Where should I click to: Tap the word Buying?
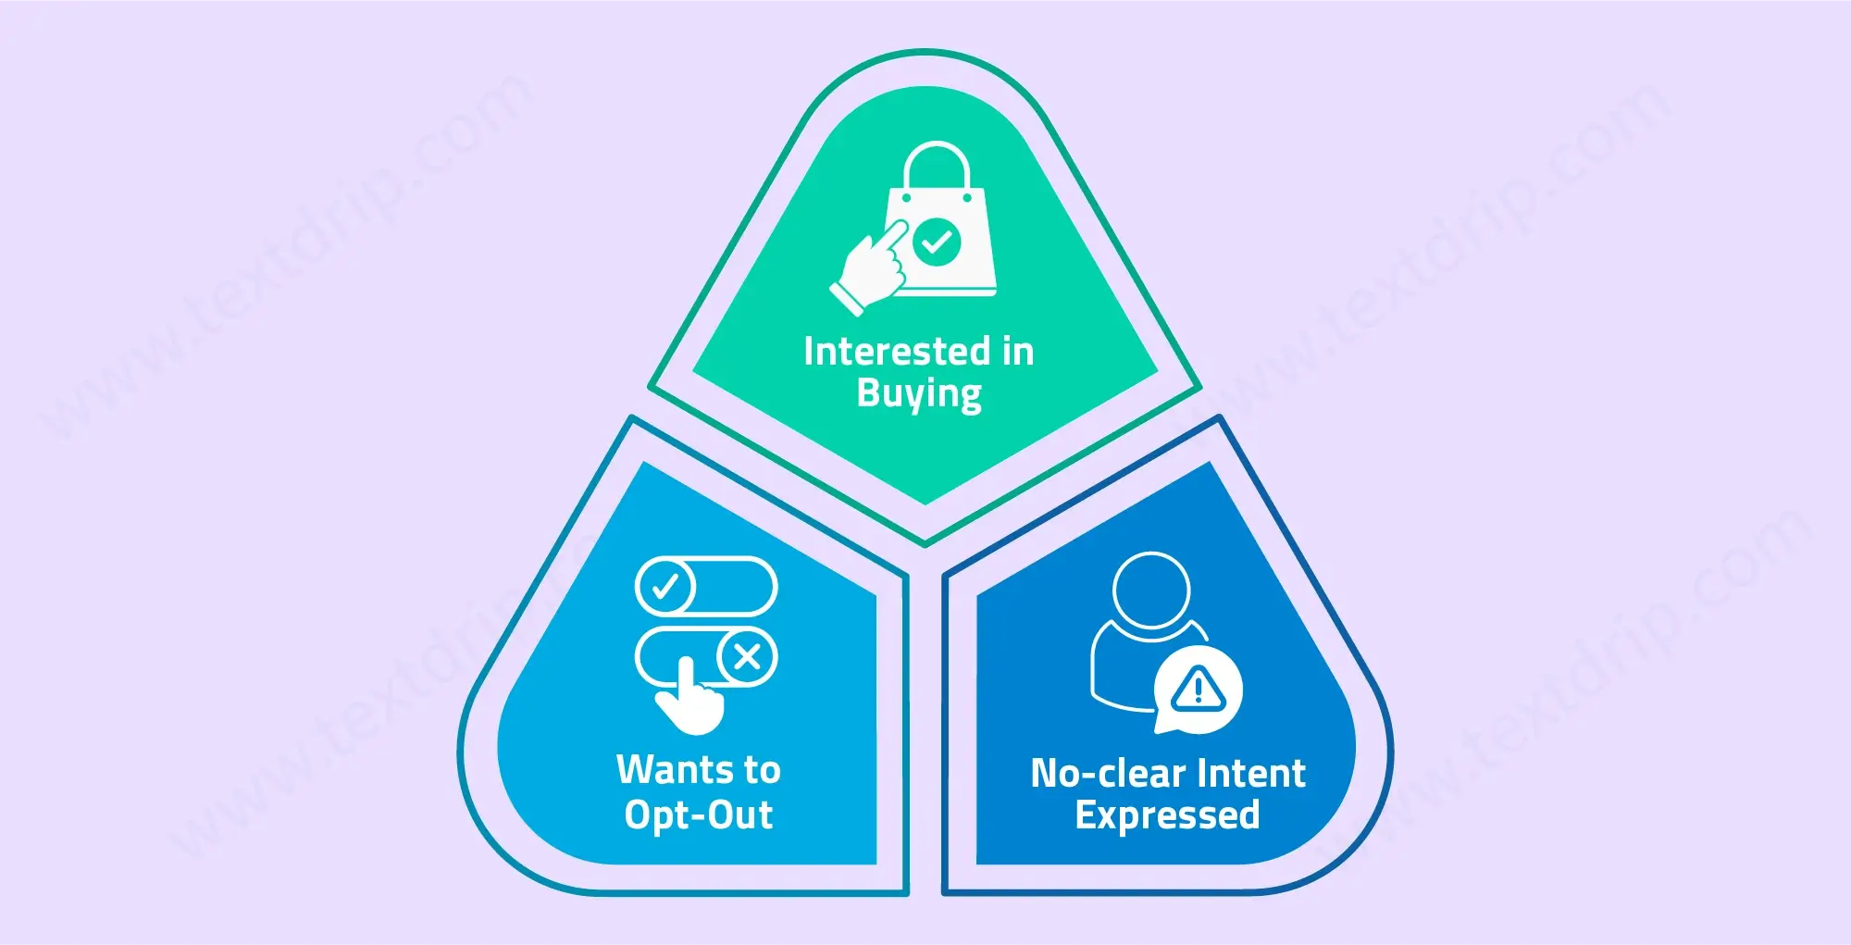[919, 394]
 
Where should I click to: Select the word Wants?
[674, 770]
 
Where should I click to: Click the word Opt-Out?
[699, 815]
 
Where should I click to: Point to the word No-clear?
[1108, 774]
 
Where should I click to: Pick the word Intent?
[1250, 774]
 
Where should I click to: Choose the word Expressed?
[1167, 815]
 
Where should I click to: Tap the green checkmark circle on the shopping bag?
[937, 242]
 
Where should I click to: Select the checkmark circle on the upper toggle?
[665, 587]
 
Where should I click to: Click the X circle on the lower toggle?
[747, 657]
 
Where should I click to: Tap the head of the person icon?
[1150, 591]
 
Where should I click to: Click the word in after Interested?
[1018, 352]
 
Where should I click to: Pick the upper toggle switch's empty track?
[736, 587]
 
